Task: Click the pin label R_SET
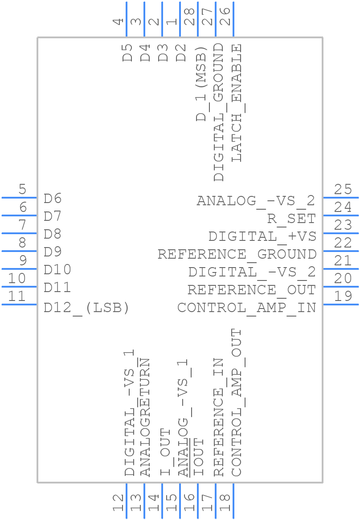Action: (291, 219)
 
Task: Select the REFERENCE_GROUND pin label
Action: (237, 254)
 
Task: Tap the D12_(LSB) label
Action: (86, 308)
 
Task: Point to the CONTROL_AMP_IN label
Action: (246, 308)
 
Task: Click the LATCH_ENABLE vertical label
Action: (237, 102)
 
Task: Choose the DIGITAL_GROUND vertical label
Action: (219, 112)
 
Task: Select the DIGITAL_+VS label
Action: (262, 236)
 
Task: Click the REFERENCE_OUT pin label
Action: (251, 290)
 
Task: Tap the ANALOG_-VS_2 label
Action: (256, 201)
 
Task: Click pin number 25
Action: (343, 189)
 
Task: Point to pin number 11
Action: (17, 296)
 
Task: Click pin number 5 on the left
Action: (22, 189)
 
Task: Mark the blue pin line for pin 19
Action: (340, 305)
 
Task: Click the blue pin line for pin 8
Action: (19, 251)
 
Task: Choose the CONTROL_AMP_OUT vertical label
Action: (237, 402)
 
